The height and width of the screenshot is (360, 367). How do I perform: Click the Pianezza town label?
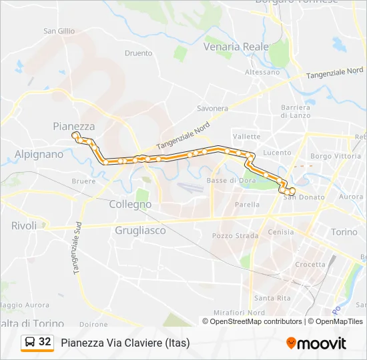pyautogui.click(x=73, y=126)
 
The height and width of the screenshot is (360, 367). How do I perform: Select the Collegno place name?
pyautogui.click(x=130, y=205)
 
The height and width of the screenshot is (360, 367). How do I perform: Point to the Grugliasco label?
pyautogui.click(x=139, y=231)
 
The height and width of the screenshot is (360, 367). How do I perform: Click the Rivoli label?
pyautogui.click(x=24, y=226)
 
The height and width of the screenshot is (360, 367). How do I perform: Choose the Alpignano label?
pyautogui.click(x=39, y=154)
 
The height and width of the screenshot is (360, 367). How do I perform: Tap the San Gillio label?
pyautogui.click(x=59, y=31)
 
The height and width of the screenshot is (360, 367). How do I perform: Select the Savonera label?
pyautogui.click(x=213, y=108)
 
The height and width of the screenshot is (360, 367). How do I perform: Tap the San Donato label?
pyautogui.click(x=304, y=197)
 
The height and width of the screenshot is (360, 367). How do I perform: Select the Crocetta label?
pyautogui.click(x=310, y=265)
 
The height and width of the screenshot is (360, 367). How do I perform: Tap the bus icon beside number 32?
pyautogui.click(x=30, y=342)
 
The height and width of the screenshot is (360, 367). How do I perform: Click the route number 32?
pyautogui.click(x=45, y=342)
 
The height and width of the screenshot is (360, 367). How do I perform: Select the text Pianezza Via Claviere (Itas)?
pyautogui.click(x=125, y=343)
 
